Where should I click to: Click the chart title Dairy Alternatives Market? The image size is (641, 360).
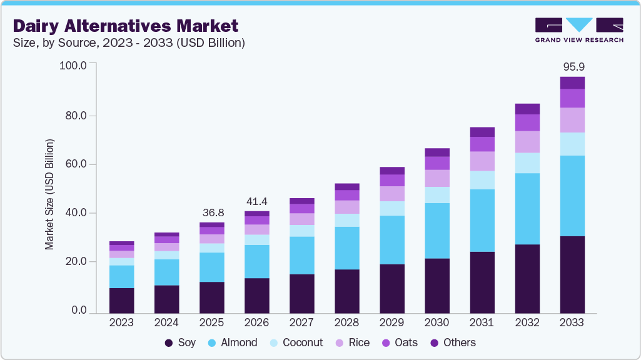pos(126,26)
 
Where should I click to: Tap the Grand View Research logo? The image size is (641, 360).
pos(578,29)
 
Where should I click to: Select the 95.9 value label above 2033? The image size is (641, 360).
pos(572,66)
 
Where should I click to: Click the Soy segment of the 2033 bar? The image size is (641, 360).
pos(572,274)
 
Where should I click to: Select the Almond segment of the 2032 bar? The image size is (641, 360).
pos(527,209)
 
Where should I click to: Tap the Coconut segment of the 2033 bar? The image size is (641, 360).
pos(572,144)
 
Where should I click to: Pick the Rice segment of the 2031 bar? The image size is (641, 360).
pos(482,161)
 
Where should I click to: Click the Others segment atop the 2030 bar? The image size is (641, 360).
pos(437,152)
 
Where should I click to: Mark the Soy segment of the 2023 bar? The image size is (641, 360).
pos(121,300)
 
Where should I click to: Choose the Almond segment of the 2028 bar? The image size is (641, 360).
pos(347,248)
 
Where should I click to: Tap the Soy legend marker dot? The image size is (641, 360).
pos(169,343)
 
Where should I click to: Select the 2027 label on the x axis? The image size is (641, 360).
pos(302,323)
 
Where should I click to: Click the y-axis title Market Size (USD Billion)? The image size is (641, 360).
pos(49,195)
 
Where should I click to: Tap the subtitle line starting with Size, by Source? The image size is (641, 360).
pos(129,43)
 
